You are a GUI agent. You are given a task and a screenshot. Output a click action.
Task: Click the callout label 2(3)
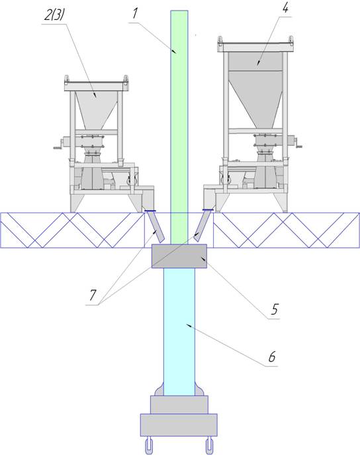pyautogui.click(x=54, y=15)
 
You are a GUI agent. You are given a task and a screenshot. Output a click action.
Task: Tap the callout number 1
pyautogui.click(x=136, y=13)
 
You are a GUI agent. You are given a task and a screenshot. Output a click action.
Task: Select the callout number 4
pyautogui.click(x=286, y=8)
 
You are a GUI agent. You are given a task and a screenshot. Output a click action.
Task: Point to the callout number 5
pyautogui.click(x=274, y=309)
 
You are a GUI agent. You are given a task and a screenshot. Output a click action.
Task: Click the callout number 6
pyautogui.click(x=271, y=356)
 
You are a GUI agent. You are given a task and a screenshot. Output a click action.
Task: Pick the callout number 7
pyautogui.click(x=93, y=295)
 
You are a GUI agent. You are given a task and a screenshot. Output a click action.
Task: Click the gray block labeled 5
pyautogui.click(x=179, y=256)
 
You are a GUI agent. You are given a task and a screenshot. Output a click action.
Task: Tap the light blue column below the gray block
pyautogui.click(x=179, y=332)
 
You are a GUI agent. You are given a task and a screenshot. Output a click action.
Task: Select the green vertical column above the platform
pyautogui.click(x=179, y=127)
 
